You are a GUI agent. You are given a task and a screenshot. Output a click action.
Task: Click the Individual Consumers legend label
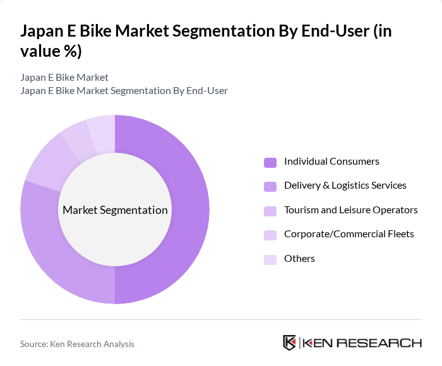tap(331, 162)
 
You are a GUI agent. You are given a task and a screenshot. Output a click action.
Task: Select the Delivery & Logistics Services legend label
tap(345, 186)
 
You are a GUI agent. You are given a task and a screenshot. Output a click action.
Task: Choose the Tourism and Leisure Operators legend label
tap(350, 210)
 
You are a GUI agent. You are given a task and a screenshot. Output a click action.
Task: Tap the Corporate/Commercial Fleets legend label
tap(349, 234)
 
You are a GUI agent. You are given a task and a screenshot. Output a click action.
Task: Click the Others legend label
tap(299, 259)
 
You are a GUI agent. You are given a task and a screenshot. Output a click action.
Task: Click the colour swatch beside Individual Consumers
tap(270, 162)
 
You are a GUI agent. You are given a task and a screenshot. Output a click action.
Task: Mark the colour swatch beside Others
tap(270, 259)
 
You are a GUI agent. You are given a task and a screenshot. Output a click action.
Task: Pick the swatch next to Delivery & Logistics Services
tap(270, 186)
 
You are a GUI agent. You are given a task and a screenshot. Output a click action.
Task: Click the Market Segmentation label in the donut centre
tap(115, 210)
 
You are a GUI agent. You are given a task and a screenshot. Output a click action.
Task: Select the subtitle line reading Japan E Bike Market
tap(64, 77)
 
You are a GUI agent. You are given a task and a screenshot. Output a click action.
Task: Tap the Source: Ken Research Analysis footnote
tap(77, 344)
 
